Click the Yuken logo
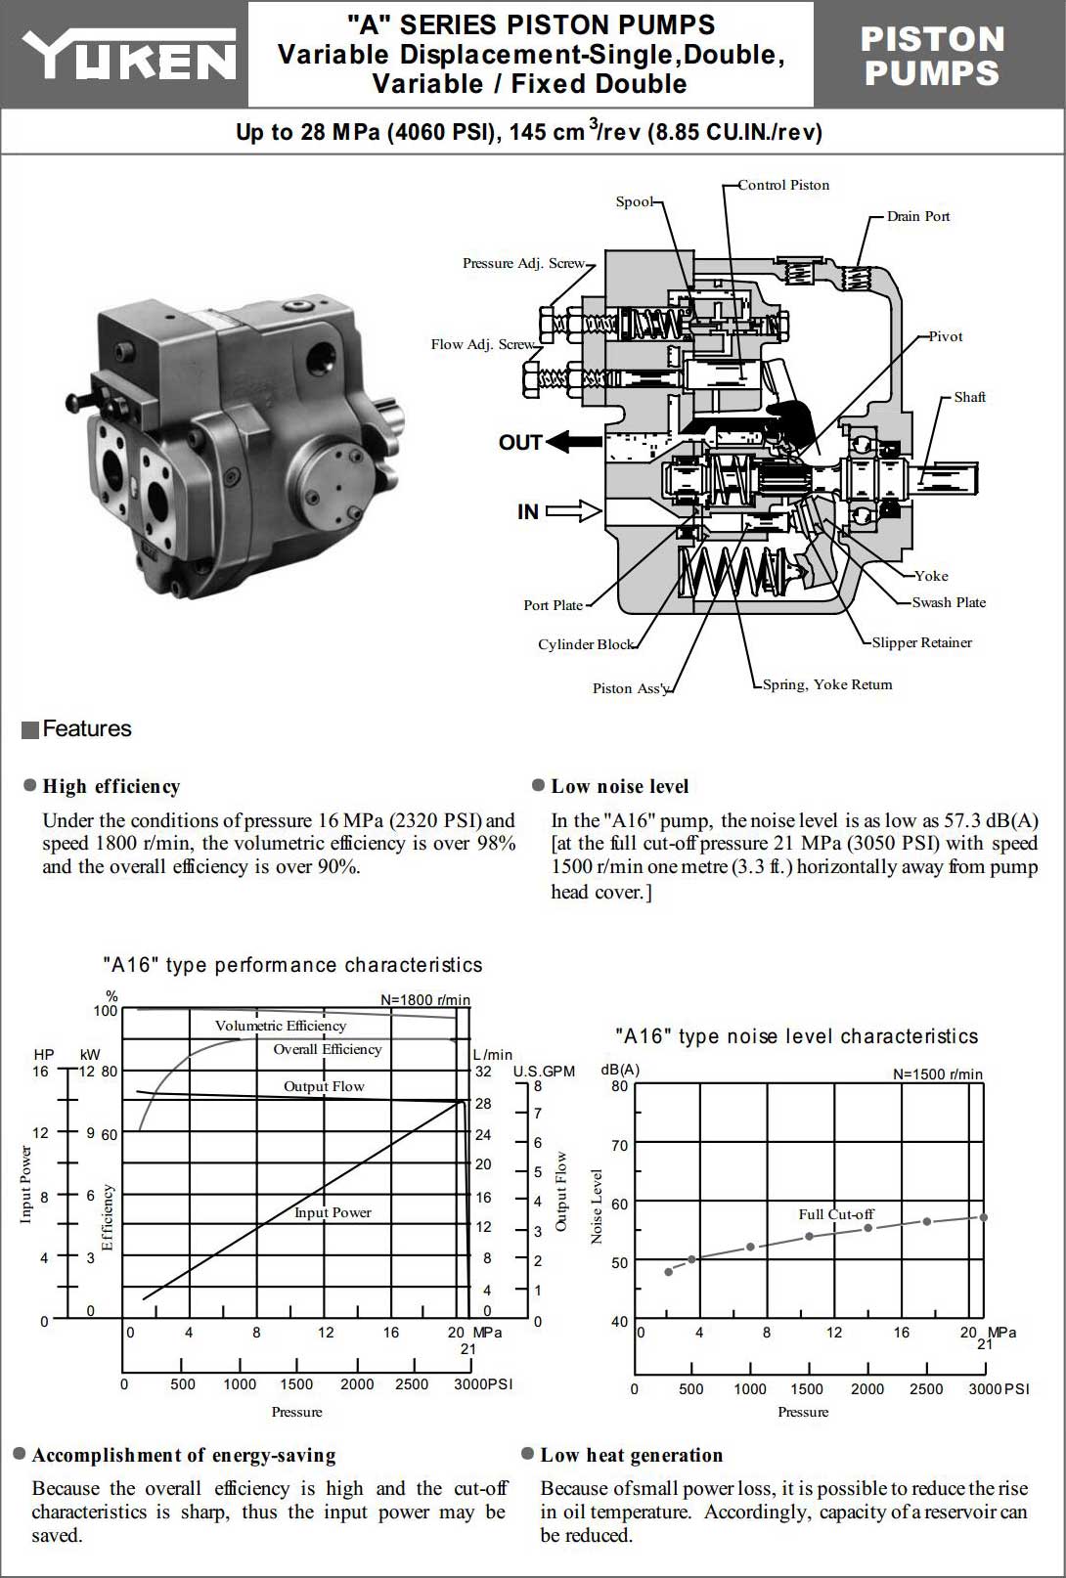click(x=128, y=55)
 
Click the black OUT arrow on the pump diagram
click(x=574, y=442)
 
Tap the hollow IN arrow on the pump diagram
click(x=574, y=510)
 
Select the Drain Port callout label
click(x=917, y=216)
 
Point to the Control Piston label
click(x=782, y=185)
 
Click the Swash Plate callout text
click(x=948, y=602)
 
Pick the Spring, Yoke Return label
click(x=826, y=684)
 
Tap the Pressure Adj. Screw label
click(x=522, y=263)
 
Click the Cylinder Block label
click(x=585, y=644)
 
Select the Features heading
click(x=86, y=728)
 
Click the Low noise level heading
click(x=619, y=786)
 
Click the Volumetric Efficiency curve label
click(x=281, y=1026)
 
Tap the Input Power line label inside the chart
click(x=333, y=1212)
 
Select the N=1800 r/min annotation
click(x=424, y=1000)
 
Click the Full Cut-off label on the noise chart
click(x=836, y=1214)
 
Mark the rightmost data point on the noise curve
click(x=983, y=1217)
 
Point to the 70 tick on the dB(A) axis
click(x=619, y=1145)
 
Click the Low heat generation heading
click(x=631, y=1455)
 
